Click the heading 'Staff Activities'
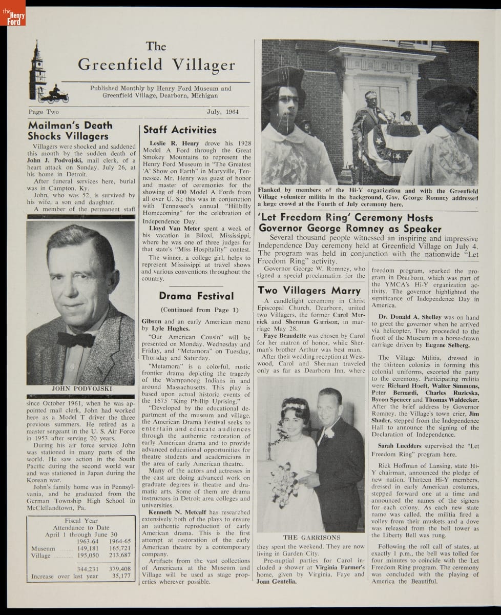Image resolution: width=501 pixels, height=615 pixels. (x=180, y=130)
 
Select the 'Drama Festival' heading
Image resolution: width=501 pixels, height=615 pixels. (x=196, y=296)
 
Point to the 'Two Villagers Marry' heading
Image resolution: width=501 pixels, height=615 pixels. (x=309, y=290)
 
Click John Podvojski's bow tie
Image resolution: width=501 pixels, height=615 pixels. (x=76, y=339)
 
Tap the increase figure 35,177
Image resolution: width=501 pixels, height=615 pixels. (x=121, y=576)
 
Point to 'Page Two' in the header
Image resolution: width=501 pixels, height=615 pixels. (x=44, y=112)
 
